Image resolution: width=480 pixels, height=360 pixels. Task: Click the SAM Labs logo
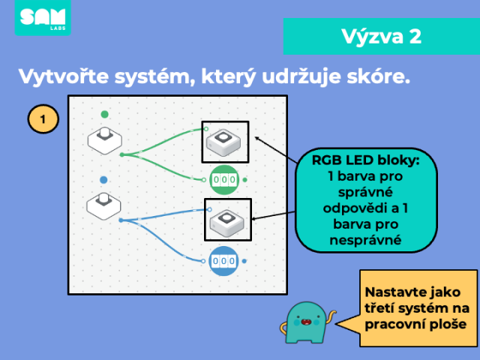[43, 17]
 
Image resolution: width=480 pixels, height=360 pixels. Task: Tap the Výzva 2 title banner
[382, 37]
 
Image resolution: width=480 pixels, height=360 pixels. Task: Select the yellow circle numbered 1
[43, 119]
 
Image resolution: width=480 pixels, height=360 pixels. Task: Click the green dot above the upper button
[105, 114]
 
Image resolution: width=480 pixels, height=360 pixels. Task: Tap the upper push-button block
[105, 140]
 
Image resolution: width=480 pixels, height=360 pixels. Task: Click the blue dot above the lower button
[103, 180]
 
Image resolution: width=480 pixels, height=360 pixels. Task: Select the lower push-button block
[103, 206]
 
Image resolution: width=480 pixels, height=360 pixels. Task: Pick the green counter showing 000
[224, 180]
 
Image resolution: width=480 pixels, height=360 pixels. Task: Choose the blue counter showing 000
[223, 261]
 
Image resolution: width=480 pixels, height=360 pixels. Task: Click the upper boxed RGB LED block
[225, 142]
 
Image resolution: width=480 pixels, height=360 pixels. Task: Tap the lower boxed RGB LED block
[228, 220]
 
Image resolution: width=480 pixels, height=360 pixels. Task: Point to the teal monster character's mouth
[306, 322]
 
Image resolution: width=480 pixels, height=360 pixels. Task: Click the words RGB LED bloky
[366, 160]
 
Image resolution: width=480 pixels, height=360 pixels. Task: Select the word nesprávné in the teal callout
[365, 240]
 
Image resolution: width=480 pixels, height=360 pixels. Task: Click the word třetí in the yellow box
[385, 308]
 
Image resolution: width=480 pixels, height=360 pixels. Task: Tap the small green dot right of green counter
[245, 180]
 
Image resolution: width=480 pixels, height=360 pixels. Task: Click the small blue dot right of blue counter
[244, 261]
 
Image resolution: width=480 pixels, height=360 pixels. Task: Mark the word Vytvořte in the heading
[64, 76]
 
